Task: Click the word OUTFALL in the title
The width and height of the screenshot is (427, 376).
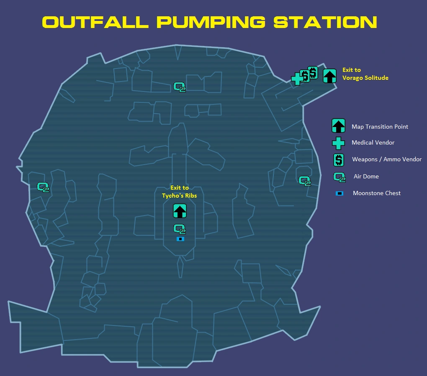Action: pos(95,22)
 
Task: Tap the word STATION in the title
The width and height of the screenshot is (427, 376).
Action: pos(325,22)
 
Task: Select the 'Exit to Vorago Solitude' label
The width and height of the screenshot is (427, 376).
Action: pos(365,74)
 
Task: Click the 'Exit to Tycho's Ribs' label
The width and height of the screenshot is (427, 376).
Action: pos(179,192)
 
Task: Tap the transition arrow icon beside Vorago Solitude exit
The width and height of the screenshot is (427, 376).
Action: pos(330,76)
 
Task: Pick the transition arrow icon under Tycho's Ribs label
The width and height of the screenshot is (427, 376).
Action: pos(180,211)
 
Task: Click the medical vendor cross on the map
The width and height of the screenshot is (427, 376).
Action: pos(297,79)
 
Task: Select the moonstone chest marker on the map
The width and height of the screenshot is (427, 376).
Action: pos(180,239)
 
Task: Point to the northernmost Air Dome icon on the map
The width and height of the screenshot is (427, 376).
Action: pos(180,87)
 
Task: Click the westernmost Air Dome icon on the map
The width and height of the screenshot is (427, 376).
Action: pos(43,187)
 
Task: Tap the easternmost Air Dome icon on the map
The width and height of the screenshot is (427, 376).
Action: pos(304,181)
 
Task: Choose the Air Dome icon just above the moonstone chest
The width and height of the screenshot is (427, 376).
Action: pos(180,229)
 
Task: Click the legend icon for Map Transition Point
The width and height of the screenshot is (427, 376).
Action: pos(338,126)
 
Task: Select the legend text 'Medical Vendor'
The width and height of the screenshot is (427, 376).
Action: pos(373,142)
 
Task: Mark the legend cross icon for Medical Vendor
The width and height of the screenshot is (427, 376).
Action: pos(338,143)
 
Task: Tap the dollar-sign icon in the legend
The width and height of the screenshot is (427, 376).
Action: pos(339,160)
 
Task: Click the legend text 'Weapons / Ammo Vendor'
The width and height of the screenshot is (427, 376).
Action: pos(387,159)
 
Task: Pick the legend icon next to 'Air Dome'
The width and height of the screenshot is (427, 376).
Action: pos(340,177)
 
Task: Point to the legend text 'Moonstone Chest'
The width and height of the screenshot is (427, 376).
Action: pos(377,193)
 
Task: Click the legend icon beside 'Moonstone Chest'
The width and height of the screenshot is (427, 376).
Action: pos(340,193)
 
